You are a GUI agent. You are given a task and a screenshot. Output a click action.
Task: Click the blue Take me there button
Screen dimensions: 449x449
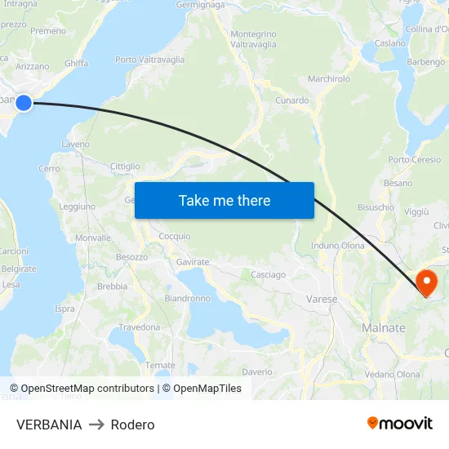224,200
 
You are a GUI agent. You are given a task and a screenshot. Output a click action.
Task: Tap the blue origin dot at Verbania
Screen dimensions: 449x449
24,102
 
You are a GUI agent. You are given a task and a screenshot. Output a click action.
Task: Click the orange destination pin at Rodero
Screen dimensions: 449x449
426,282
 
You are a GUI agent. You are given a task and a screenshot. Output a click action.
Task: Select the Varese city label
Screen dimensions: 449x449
322,300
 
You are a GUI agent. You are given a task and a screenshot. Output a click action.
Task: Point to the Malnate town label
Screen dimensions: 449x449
383,327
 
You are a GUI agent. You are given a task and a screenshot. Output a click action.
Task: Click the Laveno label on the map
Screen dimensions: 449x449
75,144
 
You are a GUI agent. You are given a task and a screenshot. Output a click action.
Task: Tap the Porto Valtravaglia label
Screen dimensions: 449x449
149,60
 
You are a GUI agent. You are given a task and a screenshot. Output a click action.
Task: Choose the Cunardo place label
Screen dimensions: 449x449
291,101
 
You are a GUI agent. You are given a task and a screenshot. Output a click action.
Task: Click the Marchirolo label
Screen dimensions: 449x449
329,79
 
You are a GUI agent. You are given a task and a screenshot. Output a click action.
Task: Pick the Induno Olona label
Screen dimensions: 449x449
338,246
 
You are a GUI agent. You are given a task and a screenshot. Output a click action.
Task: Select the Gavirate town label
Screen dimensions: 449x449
193,262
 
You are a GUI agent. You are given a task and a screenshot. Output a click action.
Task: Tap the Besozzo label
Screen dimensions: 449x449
131,257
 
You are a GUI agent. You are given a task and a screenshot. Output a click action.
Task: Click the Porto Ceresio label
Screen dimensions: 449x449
415,160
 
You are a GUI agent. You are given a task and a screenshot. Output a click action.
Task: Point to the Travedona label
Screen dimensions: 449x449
140,327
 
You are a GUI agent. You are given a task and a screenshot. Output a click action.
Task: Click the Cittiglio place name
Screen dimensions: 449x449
124,167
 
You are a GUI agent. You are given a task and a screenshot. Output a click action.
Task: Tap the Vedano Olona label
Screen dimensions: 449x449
393,375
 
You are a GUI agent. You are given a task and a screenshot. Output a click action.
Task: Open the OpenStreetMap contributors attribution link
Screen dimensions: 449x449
87,389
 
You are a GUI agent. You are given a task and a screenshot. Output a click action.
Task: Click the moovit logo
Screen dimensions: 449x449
399,423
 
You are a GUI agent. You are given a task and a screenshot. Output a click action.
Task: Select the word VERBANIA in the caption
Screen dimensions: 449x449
49,425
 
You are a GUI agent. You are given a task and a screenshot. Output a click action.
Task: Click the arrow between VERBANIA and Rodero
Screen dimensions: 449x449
96,425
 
